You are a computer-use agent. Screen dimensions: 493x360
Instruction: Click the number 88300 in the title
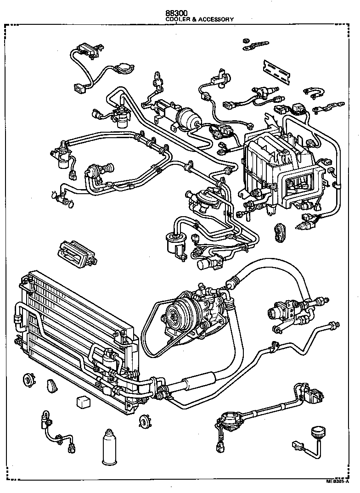tap(179, 14)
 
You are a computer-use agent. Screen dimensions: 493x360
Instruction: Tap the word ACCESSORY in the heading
tap(217, 20)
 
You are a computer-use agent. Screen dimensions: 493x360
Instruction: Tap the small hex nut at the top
tap(247, 40)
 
